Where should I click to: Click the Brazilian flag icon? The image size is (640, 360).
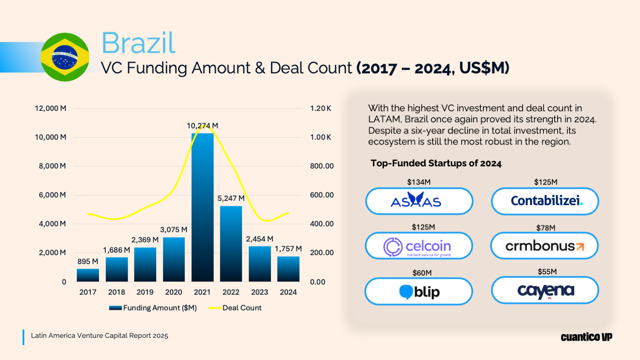click(x=65, y=57)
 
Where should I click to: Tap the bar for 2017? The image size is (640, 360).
click(x=88, y=275)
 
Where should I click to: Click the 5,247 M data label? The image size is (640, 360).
click(x=231, y=198)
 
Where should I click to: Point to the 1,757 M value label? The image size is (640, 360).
click(x=288, y=249)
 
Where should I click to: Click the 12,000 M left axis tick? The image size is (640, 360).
click(x=50, y=108)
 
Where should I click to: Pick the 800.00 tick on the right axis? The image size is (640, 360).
click(x=322, y=166)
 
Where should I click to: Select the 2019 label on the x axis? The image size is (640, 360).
click(x=145, y=292)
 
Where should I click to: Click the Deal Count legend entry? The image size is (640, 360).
click(x=241, y=308)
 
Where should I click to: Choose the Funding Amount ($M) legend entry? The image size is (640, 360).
click(x=160, y=308)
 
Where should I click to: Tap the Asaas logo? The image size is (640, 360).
click(x=419, y=201)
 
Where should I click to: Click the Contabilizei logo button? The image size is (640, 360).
click(x=545, y=201)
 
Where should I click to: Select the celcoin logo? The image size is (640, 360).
click(x=419, y=246)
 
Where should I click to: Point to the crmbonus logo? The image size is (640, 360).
click(x=544, y=246)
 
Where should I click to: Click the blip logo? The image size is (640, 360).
click(x=419, y=292)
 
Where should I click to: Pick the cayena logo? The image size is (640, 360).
click(x=545, y=290)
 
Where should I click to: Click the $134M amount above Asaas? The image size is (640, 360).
click(x=419, y=182)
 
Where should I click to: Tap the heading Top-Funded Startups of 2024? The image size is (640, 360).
click(x=436, y=163)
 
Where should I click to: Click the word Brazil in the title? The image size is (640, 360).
click(x=138, y=43)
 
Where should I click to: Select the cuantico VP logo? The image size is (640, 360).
click(x=586, y=337)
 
